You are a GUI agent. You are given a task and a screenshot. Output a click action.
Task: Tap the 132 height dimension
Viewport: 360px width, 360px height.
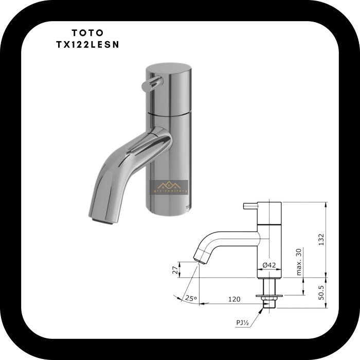[x=321, y=240]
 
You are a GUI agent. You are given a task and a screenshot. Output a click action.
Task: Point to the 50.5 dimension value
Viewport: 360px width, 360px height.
[x=321, y=293]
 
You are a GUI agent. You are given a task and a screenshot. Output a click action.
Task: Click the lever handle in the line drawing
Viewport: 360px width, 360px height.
[x=248, y=206]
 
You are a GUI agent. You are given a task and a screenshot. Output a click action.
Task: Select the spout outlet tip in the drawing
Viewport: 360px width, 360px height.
[x=197, y=259]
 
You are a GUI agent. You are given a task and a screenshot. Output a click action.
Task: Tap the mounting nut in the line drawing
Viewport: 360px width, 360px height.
[x=269, y=297]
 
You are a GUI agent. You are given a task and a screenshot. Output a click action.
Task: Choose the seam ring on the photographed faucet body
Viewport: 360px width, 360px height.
[x=167, y=112]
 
